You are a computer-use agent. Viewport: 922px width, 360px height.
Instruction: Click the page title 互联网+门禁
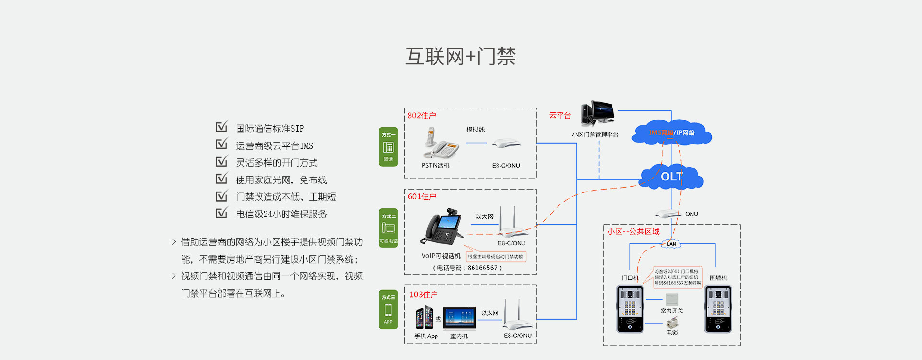461,57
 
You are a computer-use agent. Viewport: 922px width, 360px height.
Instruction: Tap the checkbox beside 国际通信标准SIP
221,127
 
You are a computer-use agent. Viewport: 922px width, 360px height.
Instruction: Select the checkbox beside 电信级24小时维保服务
221,213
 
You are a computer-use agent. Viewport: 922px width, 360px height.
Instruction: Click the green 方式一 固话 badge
388,146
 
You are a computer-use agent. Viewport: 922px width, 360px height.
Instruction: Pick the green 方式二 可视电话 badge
388,228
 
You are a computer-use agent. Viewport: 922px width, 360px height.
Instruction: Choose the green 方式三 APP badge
388,310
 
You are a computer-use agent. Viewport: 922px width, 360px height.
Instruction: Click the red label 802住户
422,116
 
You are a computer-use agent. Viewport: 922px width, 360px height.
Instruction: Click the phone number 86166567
483,268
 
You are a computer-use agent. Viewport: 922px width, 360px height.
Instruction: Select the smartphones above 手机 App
425,317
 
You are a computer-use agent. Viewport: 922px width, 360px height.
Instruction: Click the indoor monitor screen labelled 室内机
460,318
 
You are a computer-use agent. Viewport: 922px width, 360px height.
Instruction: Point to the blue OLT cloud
671,177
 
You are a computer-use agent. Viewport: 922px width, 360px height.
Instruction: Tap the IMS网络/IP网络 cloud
671,133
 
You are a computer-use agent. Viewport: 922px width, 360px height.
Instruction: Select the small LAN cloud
671,244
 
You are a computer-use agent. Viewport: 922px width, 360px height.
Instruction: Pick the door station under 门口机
630,309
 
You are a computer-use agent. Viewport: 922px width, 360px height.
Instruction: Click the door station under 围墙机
718,309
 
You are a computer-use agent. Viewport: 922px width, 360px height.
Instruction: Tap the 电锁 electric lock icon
672,323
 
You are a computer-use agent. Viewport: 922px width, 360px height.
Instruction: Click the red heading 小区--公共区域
633,232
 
